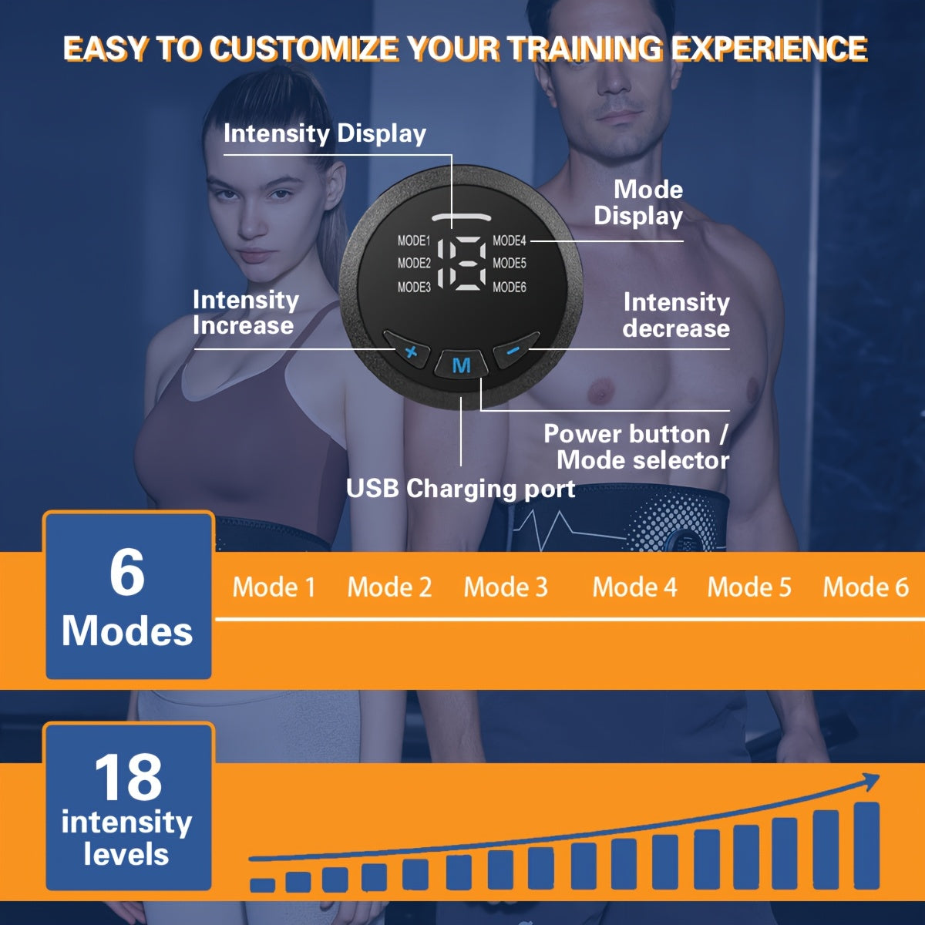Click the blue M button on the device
point(461,365)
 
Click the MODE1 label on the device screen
point(414,240)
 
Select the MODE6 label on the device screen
point(510,287)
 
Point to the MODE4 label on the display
point(510,240)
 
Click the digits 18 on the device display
point(462,263)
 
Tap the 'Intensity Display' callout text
point(325,133)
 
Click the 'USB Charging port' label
point(460,489)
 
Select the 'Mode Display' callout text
point(639,203)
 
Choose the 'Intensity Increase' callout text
point(245,312)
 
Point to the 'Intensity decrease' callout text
point(676,314)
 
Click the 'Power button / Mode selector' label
point(637,447)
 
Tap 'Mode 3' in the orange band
point(506,587)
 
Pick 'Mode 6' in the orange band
point(866,587)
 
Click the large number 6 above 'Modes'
point(127,572)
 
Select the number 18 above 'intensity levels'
point(128,777)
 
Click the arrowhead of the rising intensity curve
point(871,782)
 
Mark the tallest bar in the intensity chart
point(866,844)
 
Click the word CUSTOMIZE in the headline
point(305,49)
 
